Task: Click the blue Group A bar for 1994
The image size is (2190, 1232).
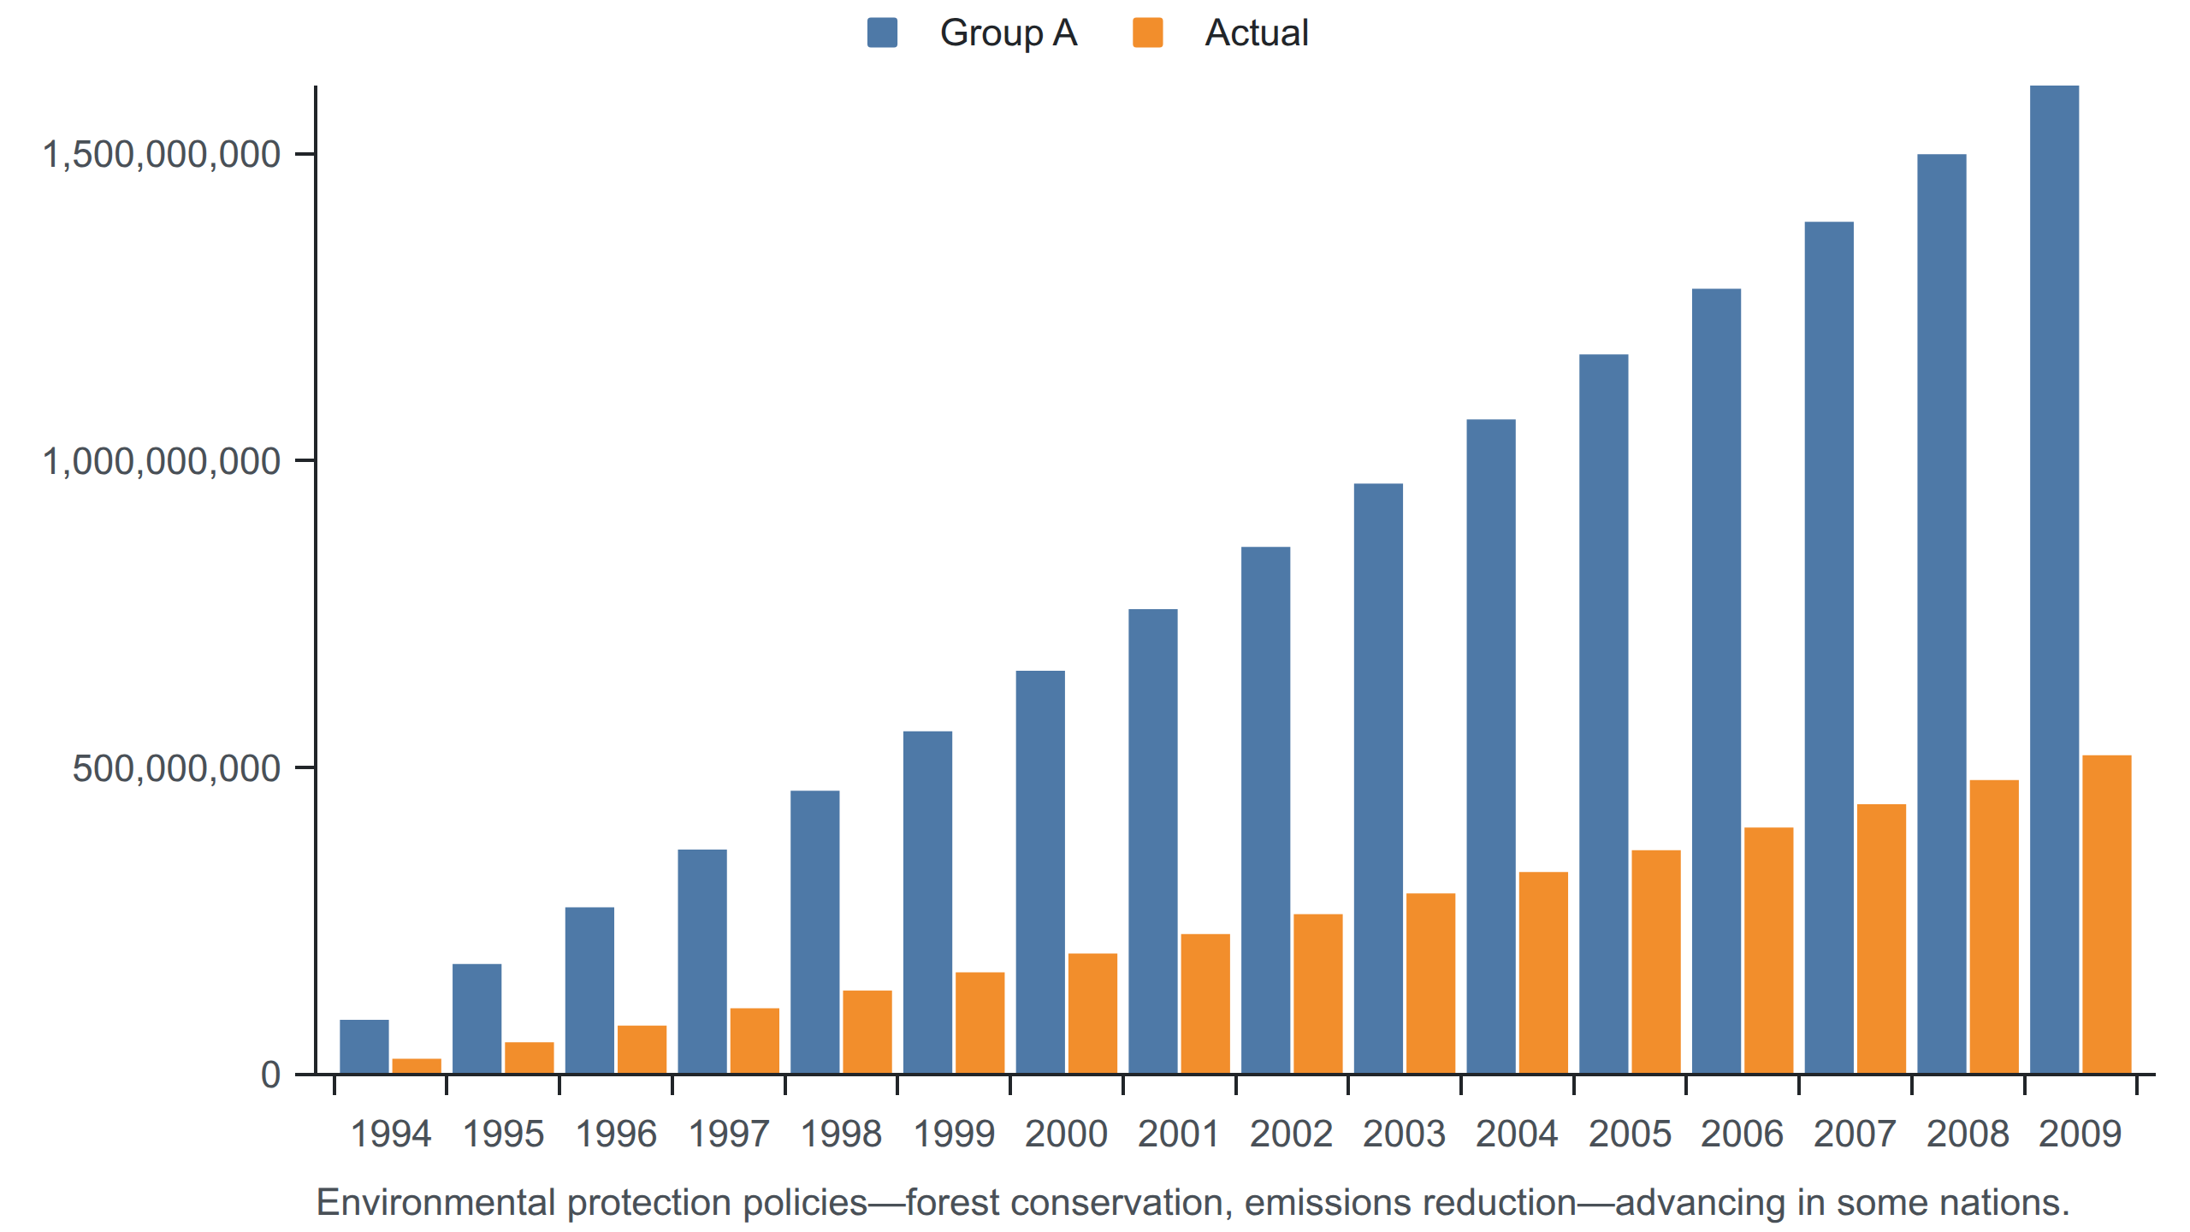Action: click(364, 1046)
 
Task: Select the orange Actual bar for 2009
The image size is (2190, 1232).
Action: click(2106, 915)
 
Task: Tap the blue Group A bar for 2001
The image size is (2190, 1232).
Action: click(1153, 841)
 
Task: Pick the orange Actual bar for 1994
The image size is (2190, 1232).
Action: click(417, 1066)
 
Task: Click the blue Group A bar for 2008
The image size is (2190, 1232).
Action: click(1942, 613)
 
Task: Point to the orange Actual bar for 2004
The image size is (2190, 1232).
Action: click(1543, 973)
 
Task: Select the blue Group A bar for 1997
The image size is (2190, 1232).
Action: click(702, 962)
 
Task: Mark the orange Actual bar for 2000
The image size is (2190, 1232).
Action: click(1092, 1014)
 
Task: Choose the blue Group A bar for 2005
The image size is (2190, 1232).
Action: click(1604, 714)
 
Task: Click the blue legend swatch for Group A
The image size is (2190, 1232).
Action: click(882, 33)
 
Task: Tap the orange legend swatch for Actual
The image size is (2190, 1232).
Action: click(1147, 33)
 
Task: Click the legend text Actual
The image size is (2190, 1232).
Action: click(1257, 33)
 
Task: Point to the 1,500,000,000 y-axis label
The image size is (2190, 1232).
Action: click(162, 155)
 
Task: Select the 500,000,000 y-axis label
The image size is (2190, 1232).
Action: click(176, 768)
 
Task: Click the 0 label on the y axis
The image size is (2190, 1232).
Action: click(270, 1075)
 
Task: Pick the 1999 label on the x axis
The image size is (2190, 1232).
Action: click(954, 1134)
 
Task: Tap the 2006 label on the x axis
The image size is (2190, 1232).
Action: click(1742, 1134)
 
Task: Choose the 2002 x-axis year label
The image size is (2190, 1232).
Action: click(1291, 1134)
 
